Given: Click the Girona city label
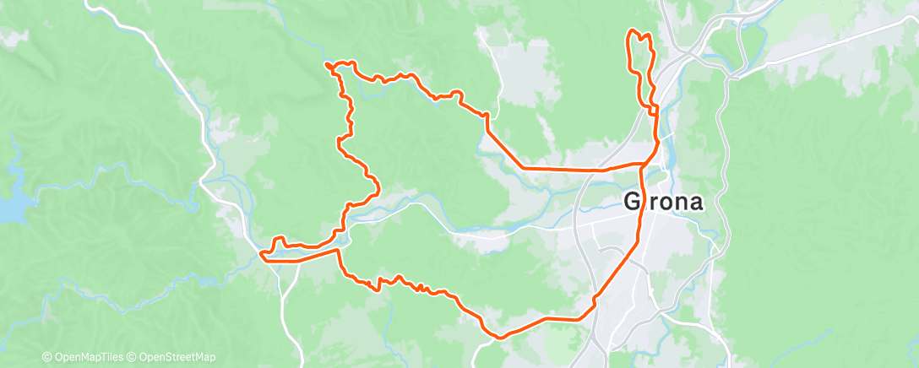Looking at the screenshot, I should (664, 202).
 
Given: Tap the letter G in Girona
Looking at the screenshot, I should (632, 202).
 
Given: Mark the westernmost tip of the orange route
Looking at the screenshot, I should (261, 253).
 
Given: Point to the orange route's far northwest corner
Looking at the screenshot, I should (327, 64).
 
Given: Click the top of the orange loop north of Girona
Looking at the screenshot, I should (632, 32).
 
